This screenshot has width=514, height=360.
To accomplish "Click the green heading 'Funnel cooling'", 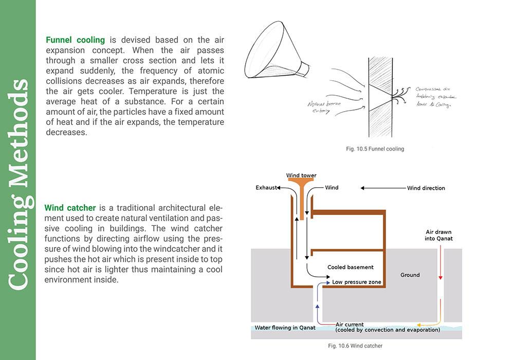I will [x=75, y=40].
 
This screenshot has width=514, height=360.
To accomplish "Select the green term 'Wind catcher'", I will [x=70, y=208].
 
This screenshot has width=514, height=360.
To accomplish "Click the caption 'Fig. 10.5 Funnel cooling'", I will [x=375, y=149].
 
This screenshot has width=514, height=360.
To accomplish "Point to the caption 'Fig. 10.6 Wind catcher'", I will [x=355, y=346].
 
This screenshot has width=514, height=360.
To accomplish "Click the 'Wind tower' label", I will [x=301, y=175].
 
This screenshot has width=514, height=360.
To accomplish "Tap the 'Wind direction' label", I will [x=426, y=188].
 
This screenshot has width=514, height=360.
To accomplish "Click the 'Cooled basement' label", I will [x=351, y=267].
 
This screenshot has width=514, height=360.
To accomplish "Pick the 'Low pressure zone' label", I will [x=357, y=282].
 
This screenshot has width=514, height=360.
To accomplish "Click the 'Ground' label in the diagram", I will [x=410, y=275].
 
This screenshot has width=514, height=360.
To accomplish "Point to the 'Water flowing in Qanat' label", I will [x=285, y=328].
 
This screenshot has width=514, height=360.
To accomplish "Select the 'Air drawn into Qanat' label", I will [x=439, y=235].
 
